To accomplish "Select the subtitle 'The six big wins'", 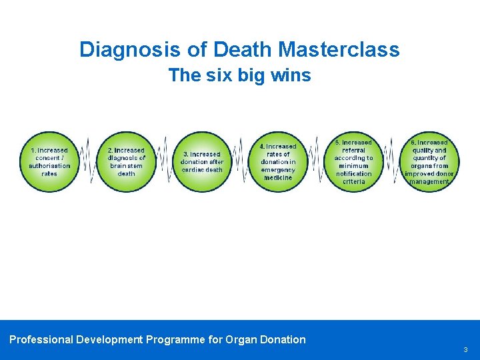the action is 239,75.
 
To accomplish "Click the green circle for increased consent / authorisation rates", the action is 49,162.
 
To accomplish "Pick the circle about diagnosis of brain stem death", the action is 126,162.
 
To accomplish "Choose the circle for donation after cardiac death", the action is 202,162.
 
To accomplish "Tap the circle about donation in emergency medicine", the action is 278,162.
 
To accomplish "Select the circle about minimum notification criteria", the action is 354,162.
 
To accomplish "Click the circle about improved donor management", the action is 430,162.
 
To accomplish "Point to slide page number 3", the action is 465,349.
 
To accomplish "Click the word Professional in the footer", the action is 41,339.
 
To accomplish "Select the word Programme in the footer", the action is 175,339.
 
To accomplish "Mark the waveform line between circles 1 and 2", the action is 87,162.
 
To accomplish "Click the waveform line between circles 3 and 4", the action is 240,162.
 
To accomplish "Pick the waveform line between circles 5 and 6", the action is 392,162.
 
